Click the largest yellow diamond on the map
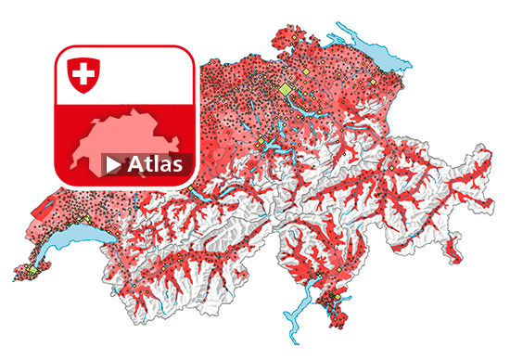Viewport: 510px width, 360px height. click(x=285, y=88)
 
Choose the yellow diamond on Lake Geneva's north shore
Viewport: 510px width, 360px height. click(x=84, y=223)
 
